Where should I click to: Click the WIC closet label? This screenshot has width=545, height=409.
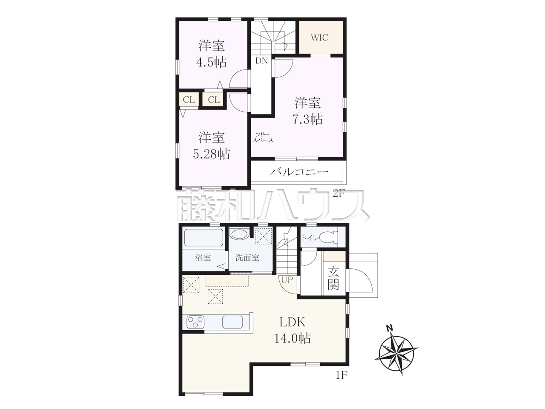(320, 38)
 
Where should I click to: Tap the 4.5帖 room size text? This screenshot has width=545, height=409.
(212, 62)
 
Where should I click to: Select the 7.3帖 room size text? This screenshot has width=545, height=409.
(308, 119)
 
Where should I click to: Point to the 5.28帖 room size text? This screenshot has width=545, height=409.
(212, 154)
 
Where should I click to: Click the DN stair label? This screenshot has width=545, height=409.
(262, 61)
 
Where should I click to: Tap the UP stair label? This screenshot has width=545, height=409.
(287, 280)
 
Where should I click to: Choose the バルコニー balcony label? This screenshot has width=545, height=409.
(299, 172)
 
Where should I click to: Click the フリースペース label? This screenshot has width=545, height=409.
(263, 137)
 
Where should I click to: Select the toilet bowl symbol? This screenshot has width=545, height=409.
(328, 238)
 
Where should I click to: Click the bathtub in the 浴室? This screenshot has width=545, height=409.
(204, 237)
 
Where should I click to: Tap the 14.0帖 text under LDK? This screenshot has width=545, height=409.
(293, 338)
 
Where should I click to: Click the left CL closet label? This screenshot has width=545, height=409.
(189, 100)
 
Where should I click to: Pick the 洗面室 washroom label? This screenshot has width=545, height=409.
(247, 258)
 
